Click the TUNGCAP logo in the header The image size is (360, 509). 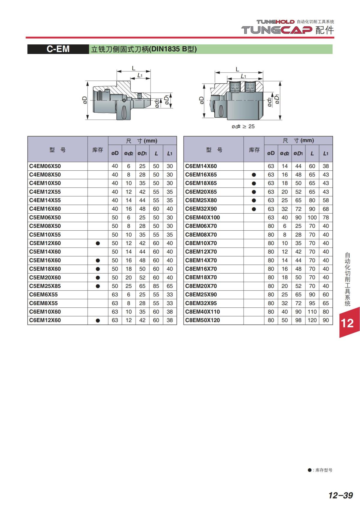click(277, 30)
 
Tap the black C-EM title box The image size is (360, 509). click(58, 49)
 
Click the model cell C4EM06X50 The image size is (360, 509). click(45, 166)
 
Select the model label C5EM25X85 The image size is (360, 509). click(45, 286)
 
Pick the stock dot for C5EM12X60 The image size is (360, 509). click(98, 243)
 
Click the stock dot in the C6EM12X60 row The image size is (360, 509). click(98, 320)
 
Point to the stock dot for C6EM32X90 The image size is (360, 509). click(254, 209)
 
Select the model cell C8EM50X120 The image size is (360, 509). click(202, 320)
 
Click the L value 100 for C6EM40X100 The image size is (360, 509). click(312, 217)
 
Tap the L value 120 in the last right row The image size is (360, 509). click(312, 320)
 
